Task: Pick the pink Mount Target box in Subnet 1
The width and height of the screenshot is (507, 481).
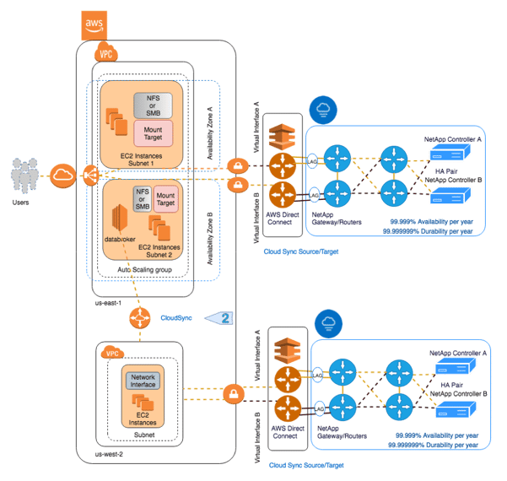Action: coord(153,131)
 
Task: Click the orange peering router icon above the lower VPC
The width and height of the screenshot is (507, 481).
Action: coord(139,317)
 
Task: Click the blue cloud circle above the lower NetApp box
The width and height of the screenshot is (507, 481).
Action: coord(326,323)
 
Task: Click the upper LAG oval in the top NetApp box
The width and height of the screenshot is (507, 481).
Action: coord(312,159)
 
